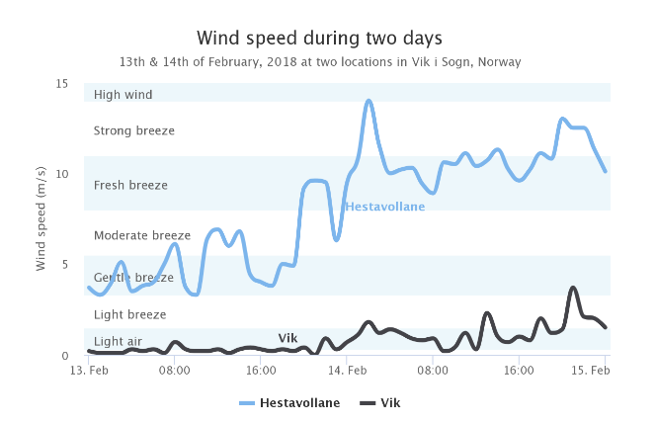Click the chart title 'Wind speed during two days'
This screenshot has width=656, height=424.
pyautogui.click(x=319, y=38)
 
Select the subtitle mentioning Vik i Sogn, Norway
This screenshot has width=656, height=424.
pyautogui.click(x=319, y=61)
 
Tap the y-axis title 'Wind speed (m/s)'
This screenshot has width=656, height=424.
pyautogui.click(x=41, y=218)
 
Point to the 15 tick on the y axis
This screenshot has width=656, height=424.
pyautogui.click(x=62, y=83)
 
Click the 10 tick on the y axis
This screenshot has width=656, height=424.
pyautogui.click(x=62, y=174)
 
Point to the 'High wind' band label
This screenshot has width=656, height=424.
pyautogui.click(x=123, y=95)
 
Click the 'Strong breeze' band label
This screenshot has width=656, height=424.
pyautogui.click(x=133, y=130)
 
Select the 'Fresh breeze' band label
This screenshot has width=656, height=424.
pyautogui.click(x=130, y=185)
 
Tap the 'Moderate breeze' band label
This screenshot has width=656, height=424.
pyautogui.click(x=141, y=235)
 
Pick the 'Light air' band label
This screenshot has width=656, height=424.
pyautogui.click(x=118, y=341)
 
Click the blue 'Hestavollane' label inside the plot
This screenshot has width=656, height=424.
pyautogui.click(x=385, y=207)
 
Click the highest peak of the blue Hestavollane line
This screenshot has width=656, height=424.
pyautogui.click(x=369, y=101)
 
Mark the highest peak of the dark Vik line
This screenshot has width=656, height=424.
pyautogui.click(x=573, y=288)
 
